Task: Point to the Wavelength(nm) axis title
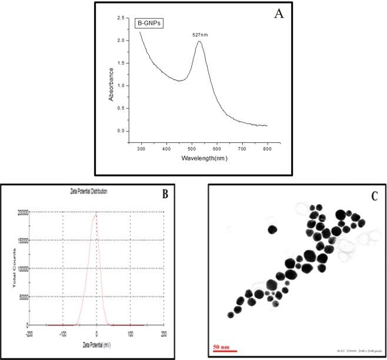[205, 158]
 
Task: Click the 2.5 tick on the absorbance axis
[120, 19]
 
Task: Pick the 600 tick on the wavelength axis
[216, 150]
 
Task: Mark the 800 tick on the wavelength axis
[267, 150]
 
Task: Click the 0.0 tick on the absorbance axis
[120, 131]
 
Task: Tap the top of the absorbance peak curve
[199, 42]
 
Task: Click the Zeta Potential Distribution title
[88, 192]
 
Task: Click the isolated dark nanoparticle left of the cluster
[272, 229]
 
